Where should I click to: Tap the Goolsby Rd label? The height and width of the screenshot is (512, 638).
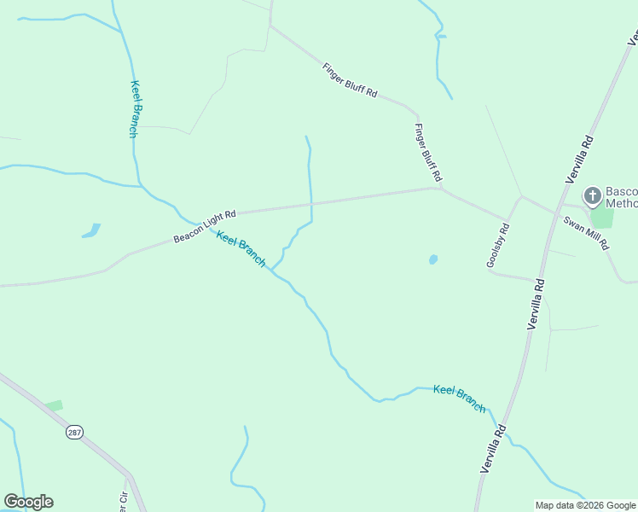click(497, 246)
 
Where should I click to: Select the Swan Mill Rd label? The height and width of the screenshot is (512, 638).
click(586, 232)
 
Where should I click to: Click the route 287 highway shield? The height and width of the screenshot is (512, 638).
click(74, 433)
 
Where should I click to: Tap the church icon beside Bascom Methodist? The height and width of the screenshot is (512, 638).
click(592, 197)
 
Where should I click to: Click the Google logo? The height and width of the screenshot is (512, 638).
click(28, 502)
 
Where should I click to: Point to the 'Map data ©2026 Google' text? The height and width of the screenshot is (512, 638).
click(585, 505)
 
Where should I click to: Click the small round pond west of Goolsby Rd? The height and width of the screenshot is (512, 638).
click(433, 259)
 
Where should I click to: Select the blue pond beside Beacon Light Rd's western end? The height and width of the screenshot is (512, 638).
click(90, 230)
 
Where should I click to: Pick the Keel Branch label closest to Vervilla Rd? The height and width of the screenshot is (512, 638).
click(459, 399)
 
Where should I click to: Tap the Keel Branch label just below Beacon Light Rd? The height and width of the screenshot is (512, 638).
click(241, 249)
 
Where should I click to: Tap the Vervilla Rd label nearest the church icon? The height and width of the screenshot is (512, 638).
click(579, 157)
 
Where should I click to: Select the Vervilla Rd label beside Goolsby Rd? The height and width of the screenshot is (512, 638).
click(536, 303)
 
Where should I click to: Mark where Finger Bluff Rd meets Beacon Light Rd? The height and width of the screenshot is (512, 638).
click(440, 188)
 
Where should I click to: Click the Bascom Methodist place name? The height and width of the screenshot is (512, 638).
click(621, 197)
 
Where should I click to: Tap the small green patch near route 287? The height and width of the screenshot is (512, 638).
click(55, 405)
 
